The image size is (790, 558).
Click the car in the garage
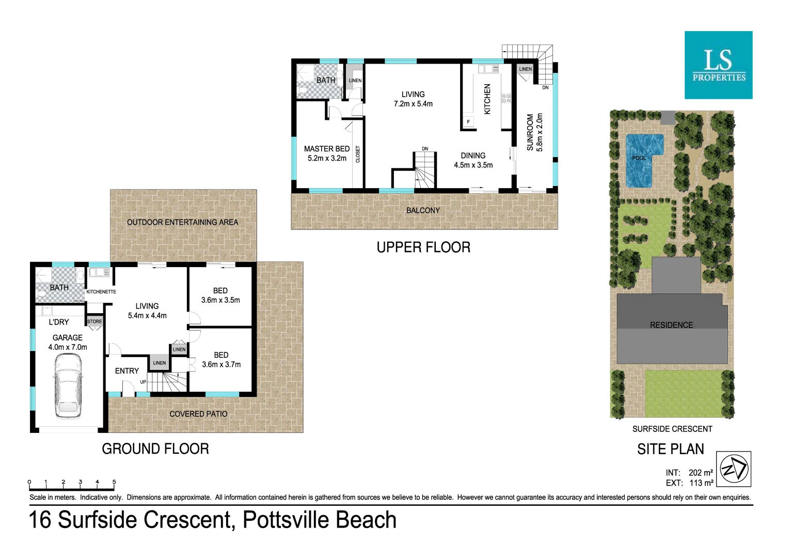tap(68, 386)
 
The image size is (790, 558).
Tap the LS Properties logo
tap(718, 65)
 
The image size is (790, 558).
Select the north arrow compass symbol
tap(734, 469)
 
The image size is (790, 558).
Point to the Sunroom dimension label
tap(540, 132)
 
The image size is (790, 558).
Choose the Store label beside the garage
tap(94, 321)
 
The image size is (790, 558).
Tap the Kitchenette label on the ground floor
tap(101, 292)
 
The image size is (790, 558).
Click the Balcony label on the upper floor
tap(423, 211)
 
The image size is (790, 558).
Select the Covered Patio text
tap(198, 414)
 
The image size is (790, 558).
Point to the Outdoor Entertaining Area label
tap(183, 222)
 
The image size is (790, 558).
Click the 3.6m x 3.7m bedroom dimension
tap(222, 365)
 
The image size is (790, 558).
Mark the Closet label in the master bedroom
tap(358, 154)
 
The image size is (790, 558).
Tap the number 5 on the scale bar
tap(114, 482)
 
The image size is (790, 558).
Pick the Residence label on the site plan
tap(671, 325)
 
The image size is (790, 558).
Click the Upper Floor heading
tap(423, 247)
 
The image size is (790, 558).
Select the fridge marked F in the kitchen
tap(468, 122)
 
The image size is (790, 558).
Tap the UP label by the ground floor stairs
tap(143, 382)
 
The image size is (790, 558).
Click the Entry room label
tap(127, 371)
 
